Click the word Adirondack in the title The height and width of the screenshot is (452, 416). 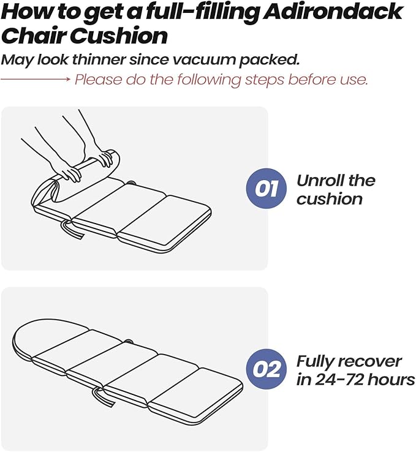(333, 12)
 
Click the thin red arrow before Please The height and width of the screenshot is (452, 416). (36, 79)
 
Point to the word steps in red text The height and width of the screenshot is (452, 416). (265, 79)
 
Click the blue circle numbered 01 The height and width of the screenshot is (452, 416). (267, 189)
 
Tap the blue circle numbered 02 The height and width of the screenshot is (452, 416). (267, 369)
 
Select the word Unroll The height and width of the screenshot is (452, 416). (320, 181)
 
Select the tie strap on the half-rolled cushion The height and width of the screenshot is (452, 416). (73, 230)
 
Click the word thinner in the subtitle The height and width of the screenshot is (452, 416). (99, 59)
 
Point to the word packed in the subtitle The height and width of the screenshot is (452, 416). (269, 60)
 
